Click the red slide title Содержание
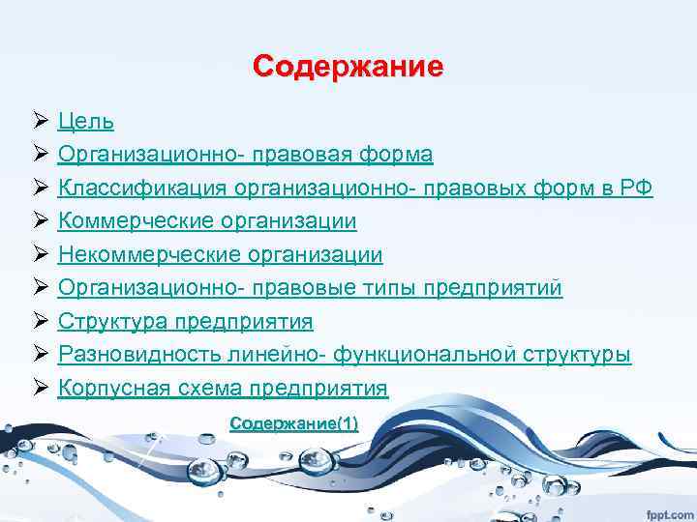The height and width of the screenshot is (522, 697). pos(348,67)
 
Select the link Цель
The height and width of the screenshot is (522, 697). pos(85,122)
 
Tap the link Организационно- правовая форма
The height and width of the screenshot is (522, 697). pos(245,155)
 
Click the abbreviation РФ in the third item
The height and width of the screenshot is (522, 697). pos(637,188)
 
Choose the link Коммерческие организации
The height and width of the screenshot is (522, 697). pos(206,221)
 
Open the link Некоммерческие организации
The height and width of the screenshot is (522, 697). pos(220,255)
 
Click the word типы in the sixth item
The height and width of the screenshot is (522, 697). pos(418,288)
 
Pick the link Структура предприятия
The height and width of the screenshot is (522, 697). pos(185,322)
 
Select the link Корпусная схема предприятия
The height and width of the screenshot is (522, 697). pos(223,389)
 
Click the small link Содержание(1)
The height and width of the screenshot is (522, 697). pos(294,422)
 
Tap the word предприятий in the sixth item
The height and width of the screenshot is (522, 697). pos(507,288)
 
